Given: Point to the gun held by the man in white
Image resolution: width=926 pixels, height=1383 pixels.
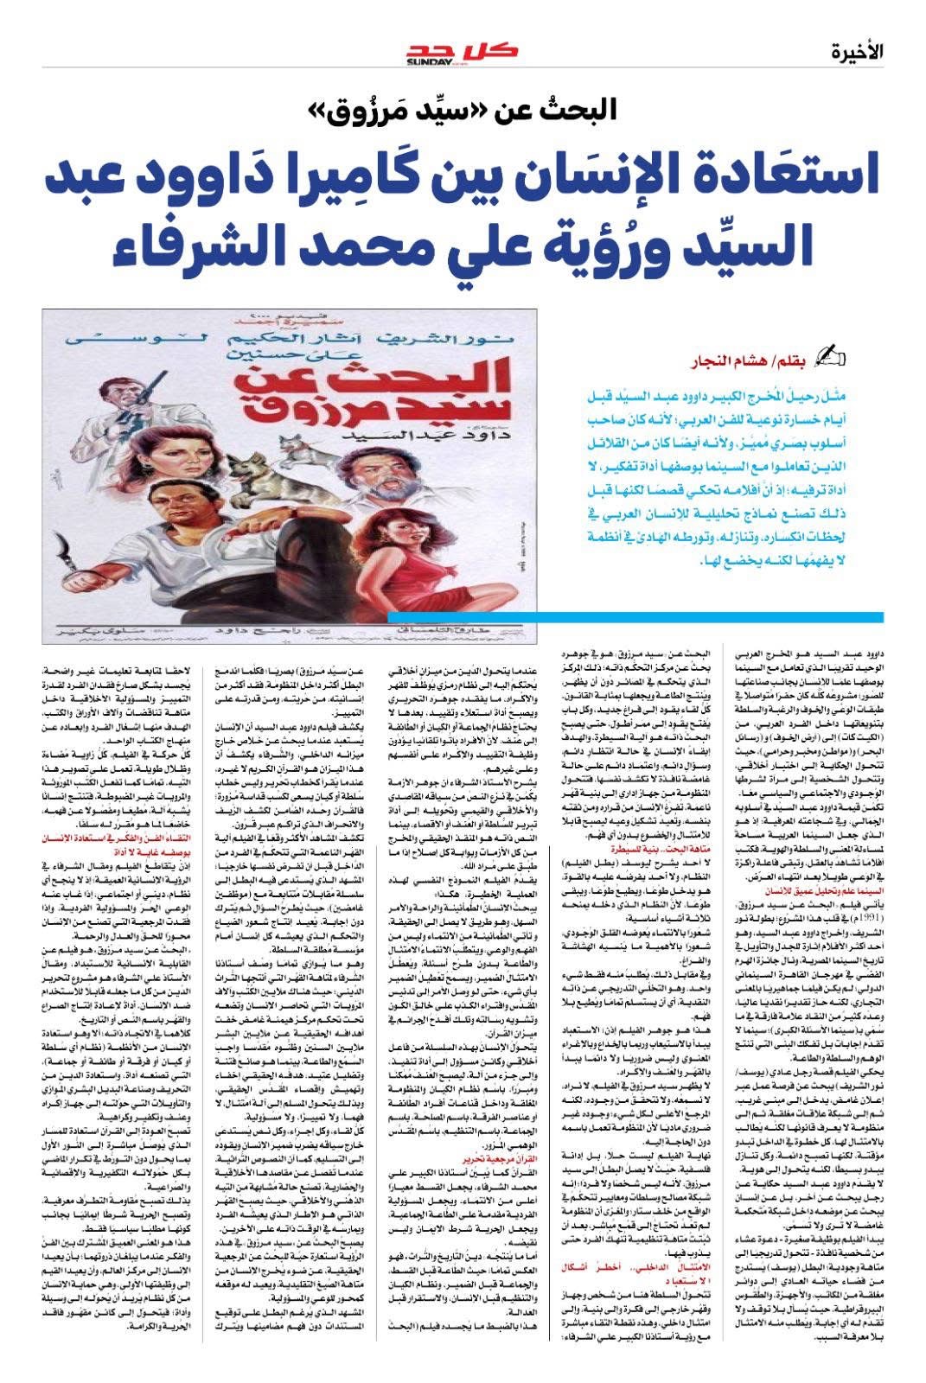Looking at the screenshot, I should pyautogui.click(x=139, y=372).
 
